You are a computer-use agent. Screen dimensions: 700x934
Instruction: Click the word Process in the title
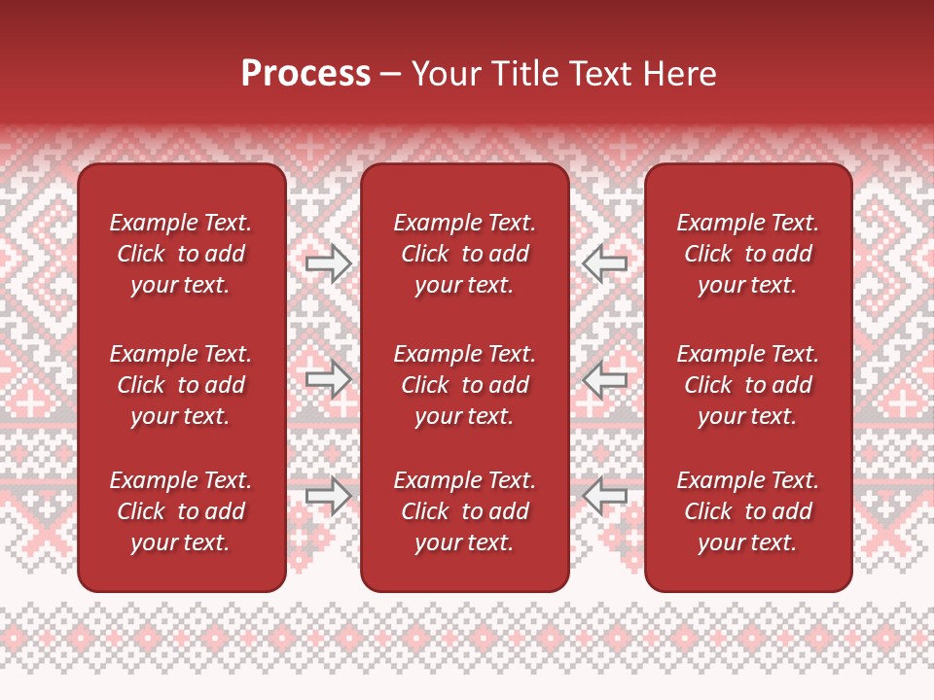point(305,73)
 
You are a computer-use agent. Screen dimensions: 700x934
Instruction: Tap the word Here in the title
point(679,74)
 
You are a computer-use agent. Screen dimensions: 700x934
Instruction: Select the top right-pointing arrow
point(329,263)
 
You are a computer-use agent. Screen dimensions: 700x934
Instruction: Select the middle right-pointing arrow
point(329,378)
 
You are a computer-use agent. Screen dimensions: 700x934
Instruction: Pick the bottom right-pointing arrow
point(329,495)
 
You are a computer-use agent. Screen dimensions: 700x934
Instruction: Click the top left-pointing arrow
point(604,263)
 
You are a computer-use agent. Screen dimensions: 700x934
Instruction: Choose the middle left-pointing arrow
point(604,378)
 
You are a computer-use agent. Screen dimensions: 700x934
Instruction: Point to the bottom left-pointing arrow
point(604,495)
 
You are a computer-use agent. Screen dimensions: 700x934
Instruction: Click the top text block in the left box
point(181,254)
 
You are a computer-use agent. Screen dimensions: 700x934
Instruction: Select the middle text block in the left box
point(181,385)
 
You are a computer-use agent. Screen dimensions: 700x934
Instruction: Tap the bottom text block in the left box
point(181,511)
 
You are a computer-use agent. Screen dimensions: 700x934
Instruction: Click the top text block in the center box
point(465,254)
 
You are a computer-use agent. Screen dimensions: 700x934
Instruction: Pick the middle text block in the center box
point(465,385)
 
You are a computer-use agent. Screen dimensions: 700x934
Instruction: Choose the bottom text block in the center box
point(465,511)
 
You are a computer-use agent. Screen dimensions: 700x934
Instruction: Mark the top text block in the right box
point(748,254)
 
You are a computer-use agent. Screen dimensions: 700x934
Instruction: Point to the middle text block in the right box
point(748,385)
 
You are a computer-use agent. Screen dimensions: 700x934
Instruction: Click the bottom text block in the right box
point(748,511)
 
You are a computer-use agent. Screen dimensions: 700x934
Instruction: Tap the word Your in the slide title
point(445,74)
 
